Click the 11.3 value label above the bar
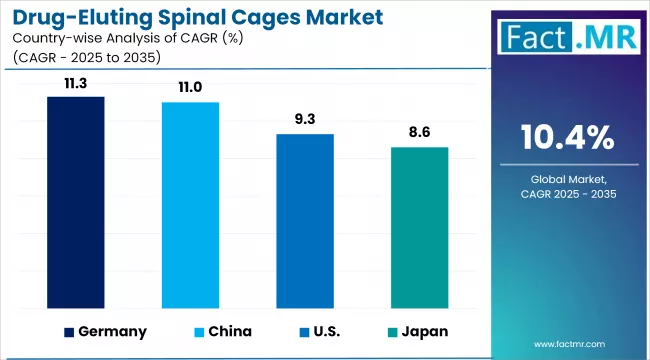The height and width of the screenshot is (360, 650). [x=76, y=84]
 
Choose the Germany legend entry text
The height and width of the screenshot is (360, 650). [x=113, y=332]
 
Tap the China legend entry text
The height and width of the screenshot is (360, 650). [x=230, y=332]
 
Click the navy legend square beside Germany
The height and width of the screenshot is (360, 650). [x=69, y=332]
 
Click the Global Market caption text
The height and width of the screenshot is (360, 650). [x=568, y=178]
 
